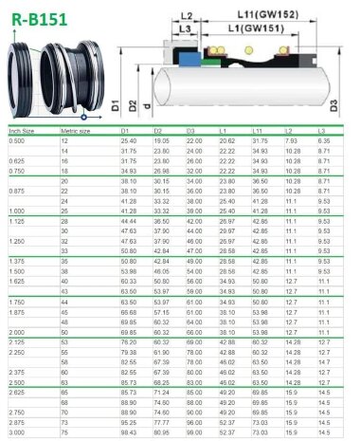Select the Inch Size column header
point(22,130)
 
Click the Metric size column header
point(76,130)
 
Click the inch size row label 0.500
point(17,140)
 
